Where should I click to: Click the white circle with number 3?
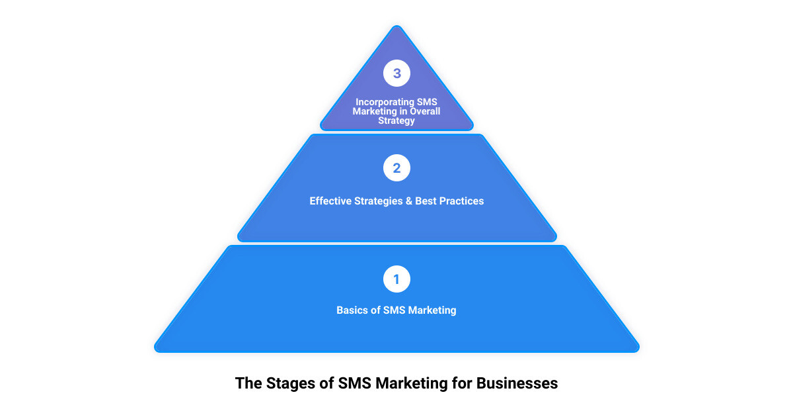397,73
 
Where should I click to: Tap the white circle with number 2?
397,167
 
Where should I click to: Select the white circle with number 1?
397,279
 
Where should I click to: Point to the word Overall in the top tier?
425,111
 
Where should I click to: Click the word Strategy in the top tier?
397,120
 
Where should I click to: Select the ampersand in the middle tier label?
409,201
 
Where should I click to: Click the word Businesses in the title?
517,383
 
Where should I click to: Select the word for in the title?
462,383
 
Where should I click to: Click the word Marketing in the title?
411,383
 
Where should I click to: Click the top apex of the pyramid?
397,26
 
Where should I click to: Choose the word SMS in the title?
355,383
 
